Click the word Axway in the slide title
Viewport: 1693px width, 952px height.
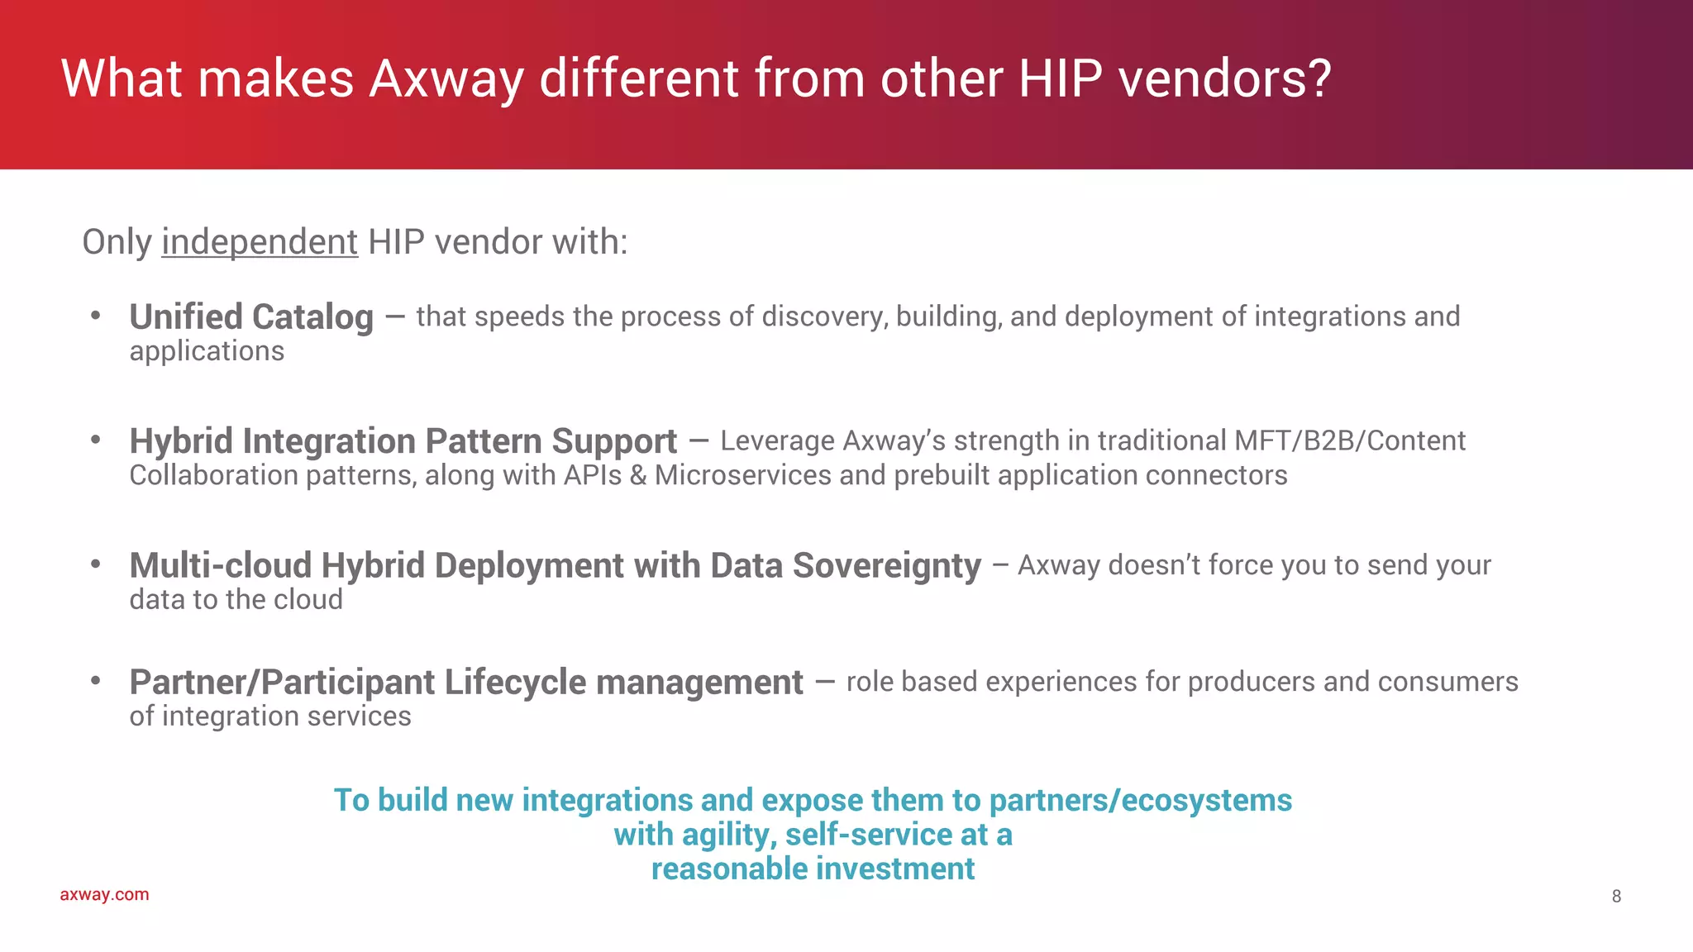pyautogui.click(x=446, y=79)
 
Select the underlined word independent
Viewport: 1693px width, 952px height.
pyautogui.click(x=260, y=242)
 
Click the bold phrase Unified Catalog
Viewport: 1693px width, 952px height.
pyautogui.click(x=251, y=317)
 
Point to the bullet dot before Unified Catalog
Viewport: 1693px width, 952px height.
pyautogui.click(x=96, y=315)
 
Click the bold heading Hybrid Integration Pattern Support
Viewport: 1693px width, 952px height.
pyautogui.click(x=403, y=441)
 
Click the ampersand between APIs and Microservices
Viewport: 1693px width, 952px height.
pyautogui.click(x=637, y=475)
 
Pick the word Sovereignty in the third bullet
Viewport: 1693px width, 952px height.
pyautogui.click(x=887, y=566)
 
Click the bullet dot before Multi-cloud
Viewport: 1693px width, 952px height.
pyautogui.click(x=96, y=564)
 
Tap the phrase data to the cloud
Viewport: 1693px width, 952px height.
pyautogui.click(x=236, y=600)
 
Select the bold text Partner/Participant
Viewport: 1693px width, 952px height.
pyautogui.click(x=282, y=683)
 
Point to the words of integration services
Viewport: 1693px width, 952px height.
pyautogui.click(x=269, y=716)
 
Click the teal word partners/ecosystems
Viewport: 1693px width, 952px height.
pyautogui.click(x=1140, y=800)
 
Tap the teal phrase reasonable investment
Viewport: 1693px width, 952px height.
pyautogui.click(x=813, y=869)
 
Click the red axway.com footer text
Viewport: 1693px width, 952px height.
pyautogui.click(x=104, y=895)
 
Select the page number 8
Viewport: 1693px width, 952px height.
pyautogui.click(x=1616, y=897)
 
